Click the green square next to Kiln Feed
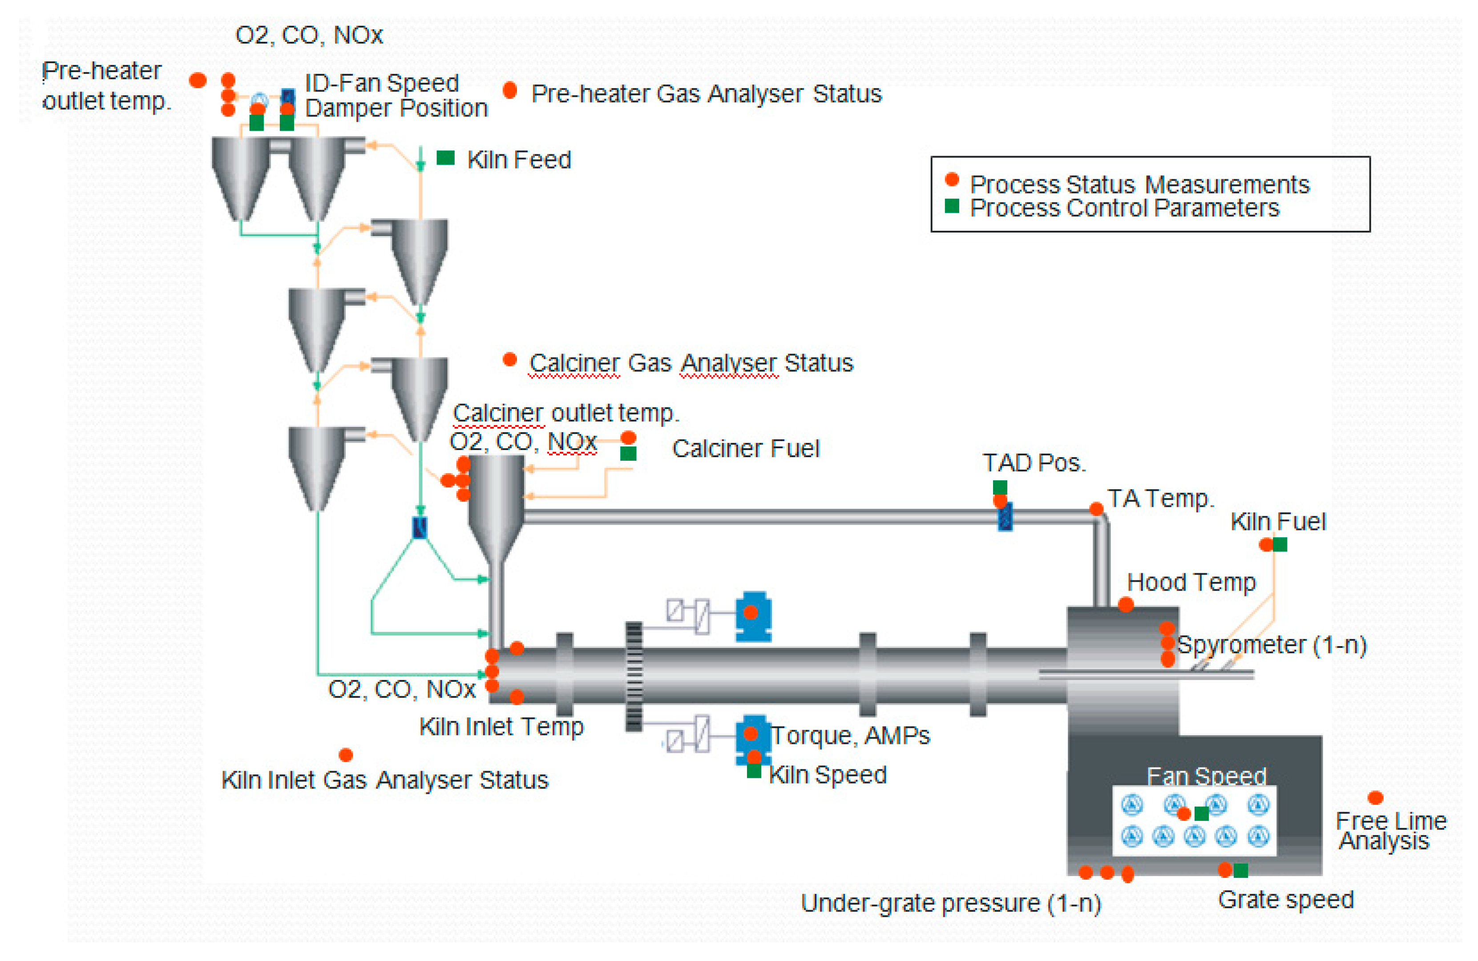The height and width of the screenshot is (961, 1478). pyautogui.click(x=445, y=158)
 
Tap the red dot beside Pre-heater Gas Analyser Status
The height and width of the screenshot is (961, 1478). pyautogui.click(x=510, y=91)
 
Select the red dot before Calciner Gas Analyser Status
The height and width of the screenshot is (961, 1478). pyautogui.click(x=510, y=359)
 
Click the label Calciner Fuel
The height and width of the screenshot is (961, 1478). pyautogui.click(x=746, y=448)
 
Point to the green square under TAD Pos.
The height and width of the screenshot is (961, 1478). pyautogui.click(x=1000, y=487)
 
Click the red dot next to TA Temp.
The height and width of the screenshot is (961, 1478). pyautogui.click(x=1097, y=509)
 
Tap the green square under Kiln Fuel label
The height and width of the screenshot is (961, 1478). pyautogui.click(x=1280, y=544)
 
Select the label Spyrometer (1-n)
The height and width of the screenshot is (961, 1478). pyautogui.click(x=1272, y=645)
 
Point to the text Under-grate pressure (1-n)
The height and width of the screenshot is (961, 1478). pyautogui.click(x=951, y=903)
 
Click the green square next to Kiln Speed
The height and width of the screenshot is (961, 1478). pyautogui.click(x=754, y=771)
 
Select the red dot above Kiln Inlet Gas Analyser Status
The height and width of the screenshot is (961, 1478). pyautogui.click(x=346, y=755)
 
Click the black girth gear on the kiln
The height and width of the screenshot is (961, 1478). pyautogui.click(x=634, y=677)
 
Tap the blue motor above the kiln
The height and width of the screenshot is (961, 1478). pyautogui.click(x=753, y=616)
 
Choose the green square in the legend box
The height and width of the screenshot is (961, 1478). pyautogui.click(x=951, y=206)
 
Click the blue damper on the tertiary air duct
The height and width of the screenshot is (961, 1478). pyautogui.click(x=1006, y=516)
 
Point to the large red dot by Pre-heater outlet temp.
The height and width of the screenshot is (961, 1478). pyautogui.click(x=198, y=80)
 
